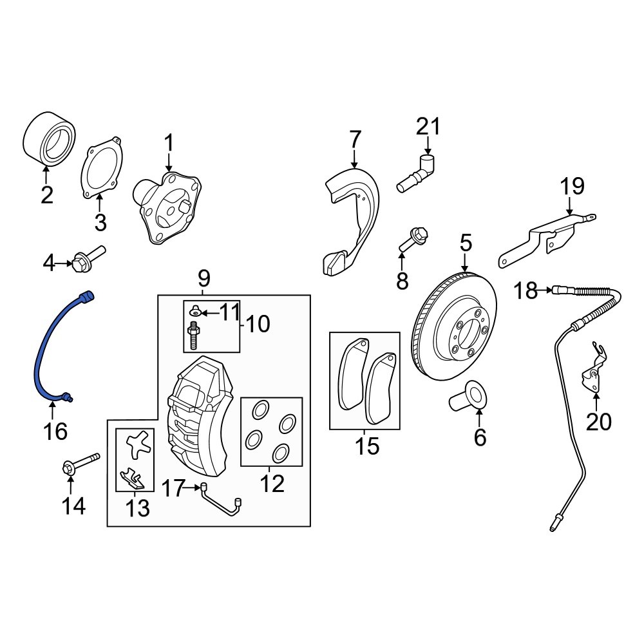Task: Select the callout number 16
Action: pyautogui.click(x=56, y=431)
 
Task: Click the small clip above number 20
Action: pyautogui.click(x=595, y=370)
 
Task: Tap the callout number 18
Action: pyautogui.click(x=526, y=291)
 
